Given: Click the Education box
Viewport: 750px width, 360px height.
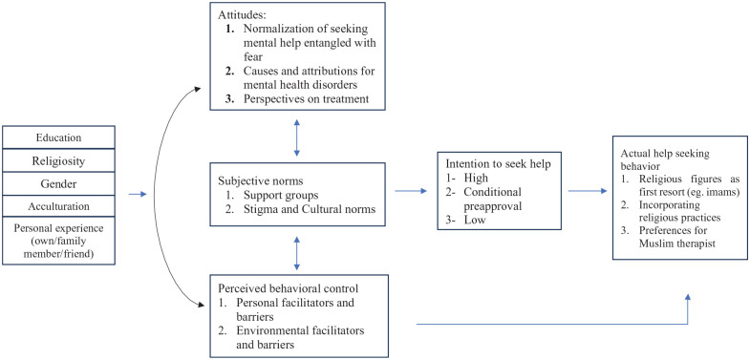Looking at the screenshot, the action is pos(58,138).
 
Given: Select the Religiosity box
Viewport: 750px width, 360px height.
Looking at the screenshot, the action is pos(58,160).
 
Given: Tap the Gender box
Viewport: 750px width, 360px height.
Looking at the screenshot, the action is pos(58,183).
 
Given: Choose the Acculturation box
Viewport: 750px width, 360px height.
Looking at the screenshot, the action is pos(58,206).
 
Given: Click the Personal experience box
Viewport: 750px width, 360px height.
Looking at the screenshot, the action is pos(58,241).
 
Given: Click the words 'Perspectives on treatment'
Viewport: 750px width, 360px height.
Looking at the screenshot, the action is pos(306,99).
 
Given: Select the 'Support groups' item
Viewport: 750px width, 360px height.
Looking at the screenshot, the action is pos(281,196).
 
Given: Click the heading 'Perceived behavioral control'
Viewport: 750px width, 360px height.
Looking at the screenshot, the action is pos(289,288).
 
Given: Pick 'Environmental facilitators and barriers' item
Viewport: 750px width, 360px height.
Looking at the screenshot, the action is pos(300,337).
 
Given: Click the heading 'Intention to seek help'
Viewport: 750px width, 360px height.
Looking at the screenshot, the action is pos(499,163).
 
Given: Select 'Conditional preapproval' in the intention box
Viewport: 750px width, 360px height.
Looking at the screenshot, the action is pos(492,199).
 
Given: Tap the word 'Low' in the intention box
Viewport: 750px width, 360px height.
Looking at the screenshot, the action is pos(475,220).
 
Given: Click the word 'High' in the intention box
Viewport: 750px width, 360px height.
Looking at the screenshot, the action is pos(476,178).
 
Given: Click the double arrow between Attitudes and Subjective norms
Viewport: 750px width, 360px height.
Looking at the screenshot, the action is pos(297,138).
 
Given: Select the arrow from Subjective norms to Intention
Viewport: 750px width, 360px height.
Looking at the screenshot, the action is pos(411,191).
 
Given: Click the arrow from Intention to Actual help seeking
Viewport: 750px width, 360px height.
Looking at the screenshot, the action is pos(588,191).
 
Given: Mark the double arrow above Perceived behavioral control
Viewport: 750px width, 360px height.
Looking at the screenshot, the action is pos(297,253).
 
